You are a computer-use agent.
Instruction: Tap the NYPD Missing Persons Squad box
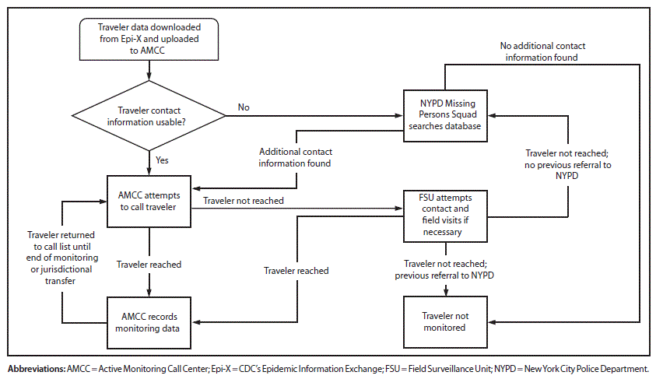[446, 116]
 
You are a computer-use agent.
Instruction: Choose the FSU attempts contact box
[446, 214]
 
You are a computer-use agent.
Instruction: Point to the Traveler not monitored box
[446, 322]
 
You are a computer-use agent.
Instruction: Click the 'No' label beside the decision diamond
[244, 107]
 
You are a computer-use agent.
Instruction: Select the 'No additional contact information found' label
[538, 51]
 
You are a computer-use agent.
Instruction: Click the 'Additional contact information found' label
[295, 157]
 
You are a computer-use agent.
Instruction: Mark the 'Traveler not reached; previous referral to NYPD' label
[446, 269]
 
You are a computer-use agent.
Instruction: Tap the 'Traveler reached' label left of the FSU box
[296, 271]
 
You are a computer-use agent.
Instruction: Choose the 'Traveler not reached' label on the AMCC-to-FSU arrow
[244, 201]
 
